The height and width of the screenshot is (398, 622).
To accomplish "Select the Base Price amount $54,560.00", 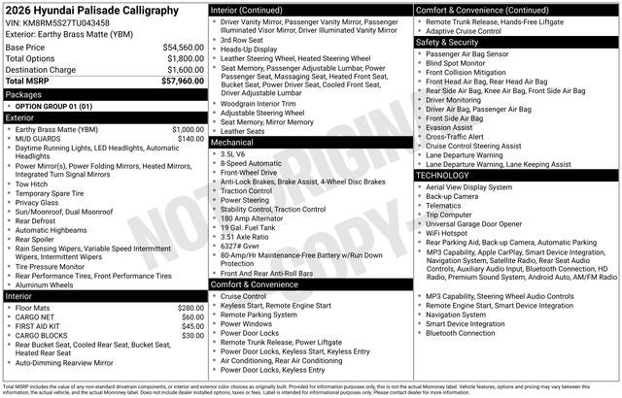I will click(x=184, y=47).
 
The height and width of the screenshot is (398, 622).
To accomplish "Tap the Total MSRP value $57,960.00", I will click(x=184, y=82).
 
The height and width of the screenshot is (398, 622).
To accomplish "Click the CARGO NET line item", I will click(x=35, y=316).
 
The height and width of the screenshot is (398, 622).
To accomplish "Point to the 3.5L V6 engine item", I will click(x=232, y=154).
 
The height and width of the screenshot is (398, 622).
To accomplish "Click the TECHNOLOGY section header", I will click(x=444, y=175).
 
